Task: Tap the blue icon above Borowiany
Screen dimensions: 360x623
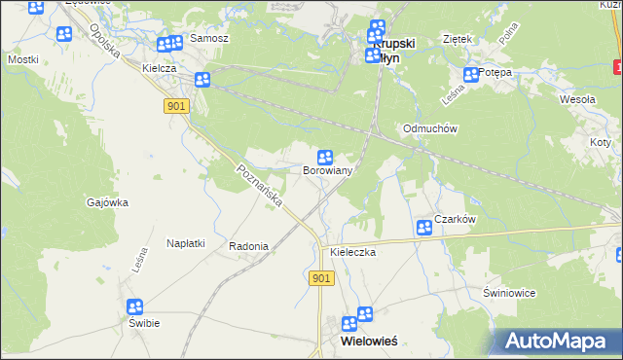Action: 326,157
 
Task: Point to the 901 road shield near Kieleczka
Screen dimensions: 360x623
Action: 323,279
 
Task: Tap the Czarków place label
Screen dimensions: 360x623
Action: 455,220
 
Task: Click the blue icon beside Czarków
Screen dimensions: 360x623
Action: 424,228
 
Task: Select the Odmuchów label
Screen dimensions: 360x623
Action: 430,129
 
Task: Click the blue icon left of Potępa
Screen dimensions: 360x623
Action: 471,74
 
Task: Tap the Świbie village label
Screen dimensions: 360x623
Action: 143,323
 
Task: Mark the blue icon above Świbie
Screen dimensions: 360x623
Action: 135,306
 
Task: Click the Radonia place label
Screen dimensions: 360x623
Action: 248,247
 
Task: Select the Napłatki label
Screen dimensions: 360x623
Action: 185,243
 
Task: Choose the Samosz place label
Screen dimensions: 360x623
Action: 209,38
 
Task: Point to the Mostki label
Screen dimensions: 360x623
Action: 22,59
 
